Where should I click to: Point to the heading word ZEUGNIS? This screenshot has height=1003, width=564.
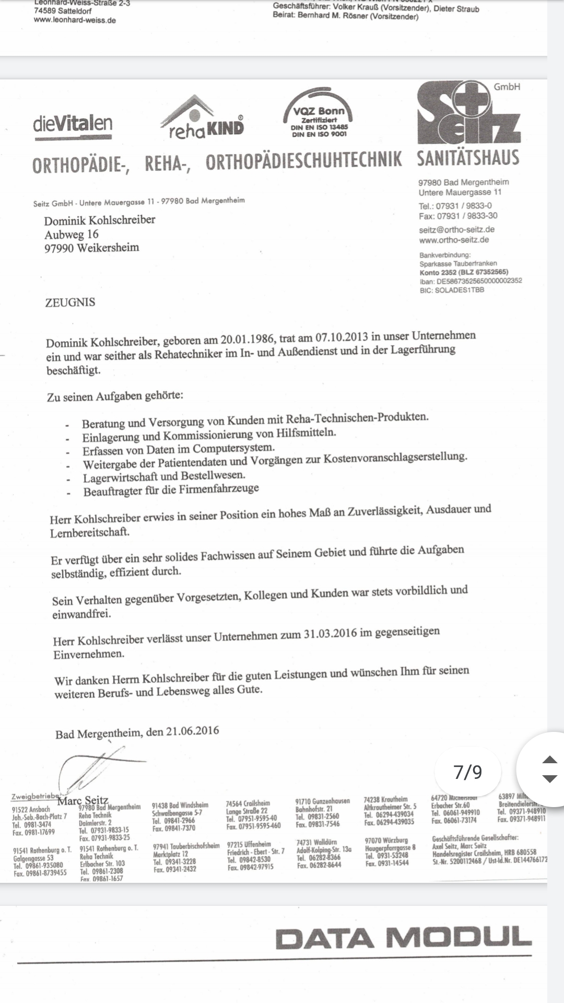(70, 302)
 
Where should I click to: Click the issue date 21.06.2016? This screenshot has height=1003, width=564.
(193, 731)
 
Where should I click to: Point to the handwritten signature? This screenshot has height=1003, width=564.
(94, 768)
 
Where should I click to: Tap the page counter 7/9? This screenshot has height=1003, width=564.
(468, 772)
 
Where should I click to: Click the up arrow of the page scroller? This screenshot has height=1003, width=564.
(550, 760)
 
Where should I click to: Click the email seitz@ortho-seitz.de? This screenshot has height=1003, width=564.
(456, 229)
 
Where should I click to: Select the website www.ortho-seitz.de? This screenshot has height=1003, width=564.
(454, 240)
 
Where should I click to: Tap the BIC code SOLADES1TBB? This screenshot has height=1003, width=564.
(459, 290)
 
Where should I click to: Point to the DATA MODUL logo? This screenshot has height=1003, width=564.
(403, 938)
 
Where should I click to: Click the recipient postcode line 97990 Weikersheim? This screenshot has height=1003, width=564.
(92, 248)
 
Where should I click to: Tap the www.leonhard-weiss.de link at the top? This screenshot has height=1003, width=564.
(75, 20)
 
